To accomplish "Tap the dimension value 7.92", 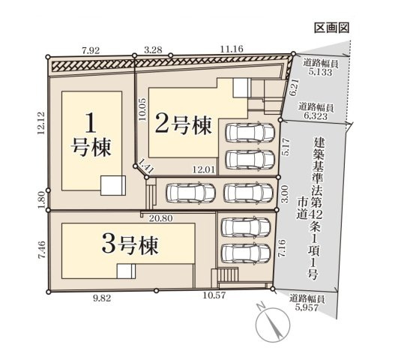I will coord(91,51).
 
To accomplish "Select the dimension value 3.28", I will coord(152,50).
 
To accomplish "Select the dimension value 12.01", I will coord(205,170).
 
